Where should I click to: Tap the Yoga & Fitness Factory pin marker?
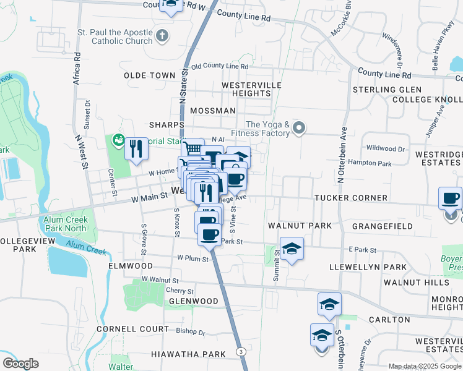[x=300, y=128]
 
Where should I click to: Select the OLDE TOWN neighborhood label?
[x=150, y=75]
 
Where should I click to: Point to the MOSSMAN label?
[x=213, y=111]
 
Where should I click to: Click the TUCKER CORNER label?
[x=350, y=198]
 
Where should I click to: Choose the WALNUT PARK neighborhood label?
[x=300, y=226]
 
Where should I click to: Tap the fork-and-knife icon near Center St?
[x=136, y=148]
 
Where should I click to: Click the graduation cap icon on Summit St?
[x=292, y=249]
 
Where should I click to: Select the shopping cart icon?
[x=193, y=148]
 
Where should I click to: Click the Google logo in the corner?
[x=20, y=363]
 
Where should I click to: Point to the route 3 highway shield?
[x=240, y=351]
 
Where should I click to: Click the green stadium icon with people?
[x=116, y=141]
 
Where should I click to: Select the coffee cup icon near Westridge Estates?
[x=450, y=198]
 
